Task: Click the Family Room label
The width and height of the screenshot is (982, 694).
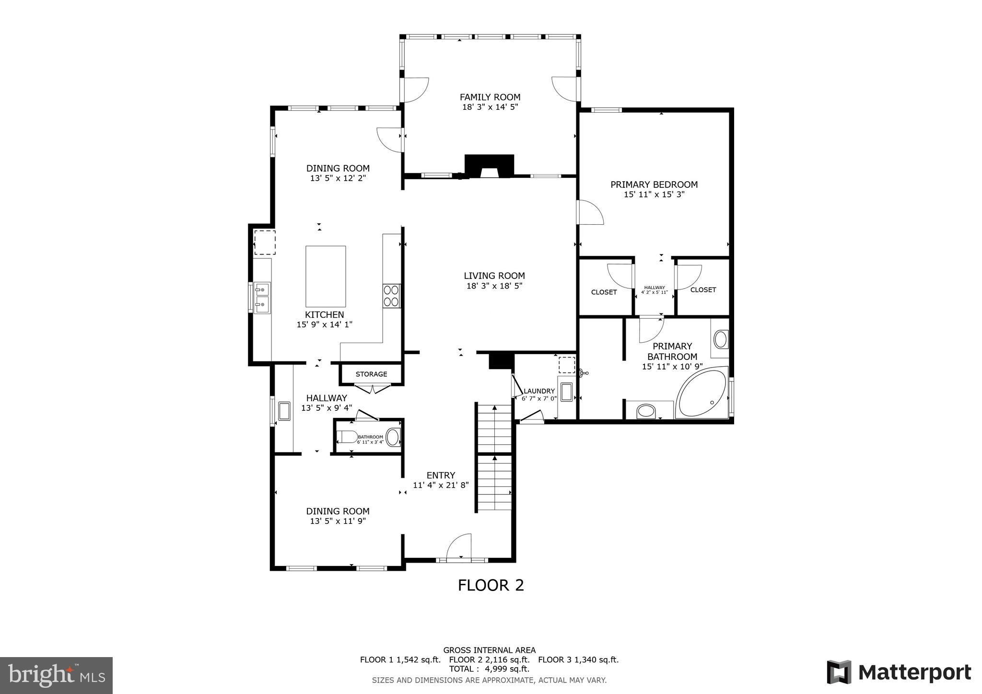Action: tap(490, 97)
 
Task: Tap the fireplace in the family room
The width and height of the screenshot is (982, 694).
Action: tap(489, 166)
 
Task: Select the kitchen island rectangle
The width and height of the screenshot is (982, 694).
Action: tap(326, 277)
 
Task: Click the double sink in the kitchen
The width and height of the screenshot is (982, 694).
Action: tap(262, 297)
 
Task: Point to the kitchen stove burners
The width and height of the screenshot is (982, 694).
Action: tap(392, 296)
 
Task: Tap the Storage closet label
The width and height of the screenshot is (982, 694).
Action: tap(371, 374)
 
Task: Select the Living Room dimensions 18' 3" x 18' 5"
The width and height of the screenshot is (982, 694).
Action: tap(494, 286)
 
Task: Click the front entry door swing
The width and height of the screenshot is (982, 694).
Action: tap(459, 546)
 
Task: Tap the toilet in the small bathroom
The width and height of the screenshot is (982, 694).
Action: tap(347, 437)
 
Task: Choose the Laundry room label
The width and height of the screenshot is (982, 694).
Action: tap(539, 391)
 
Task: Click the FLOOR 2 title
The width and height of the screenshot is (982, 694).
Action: tap(491, 585)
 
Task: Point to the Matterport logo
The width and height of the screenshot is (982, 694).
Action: tap(899, 672)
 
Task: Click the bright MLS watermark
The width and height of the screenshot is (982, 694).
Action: tap(57, 675)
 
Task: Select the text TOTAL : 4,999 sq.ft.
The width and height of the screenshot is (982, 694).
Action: tap(489, 669)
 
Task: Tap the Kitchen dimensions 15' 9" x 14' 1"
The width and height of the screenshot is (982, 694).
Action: tap(325, 325)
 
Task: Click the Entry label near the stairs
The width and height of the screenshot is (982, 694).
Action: tap(441, 475)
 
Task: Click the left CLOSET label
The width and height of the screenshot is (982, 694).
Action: tap(604, 292)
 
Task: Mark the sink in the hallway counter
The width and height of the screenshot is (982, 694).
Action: tap(284, 411)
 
